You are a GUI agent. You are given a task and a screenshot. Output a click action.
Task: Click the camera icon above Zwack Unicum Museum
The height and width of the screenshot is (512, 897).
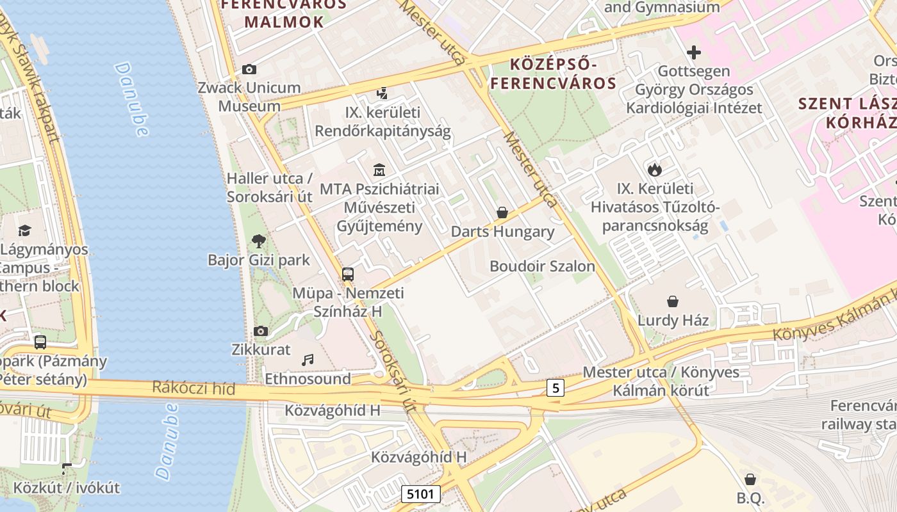point(249,69)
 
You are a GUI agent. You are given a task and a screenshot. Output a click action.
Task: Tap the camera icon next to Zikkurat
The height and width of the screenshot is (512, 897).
point(260,331)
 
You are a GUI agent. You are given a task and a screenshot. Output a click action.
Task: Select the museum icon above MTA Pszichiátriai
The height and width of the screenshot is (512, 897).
point(379,170)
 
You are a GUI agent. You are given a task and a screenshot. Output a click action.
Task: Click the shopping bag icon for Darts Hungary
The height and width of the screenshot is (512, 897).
point(502,212)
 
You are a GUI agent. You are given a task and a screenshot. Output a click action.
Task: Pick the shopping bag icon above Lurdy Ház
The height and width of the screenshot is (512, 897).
point(673,301)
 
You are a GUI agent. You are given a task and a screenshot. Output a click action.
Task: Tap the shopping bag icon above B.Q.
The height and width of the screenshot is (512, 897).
point(750,479)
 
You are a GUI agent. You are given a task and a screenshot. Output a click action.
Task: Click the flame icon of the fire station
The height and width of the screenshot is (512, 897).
point(654,170)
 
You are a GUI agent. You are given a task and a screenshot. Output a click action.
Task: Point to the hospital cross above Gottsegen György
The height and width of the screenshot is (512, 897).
point(693,52)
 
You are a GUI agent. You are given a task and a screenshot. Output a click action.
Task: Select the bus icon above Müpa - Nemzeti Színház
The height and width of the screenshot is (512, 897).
point(348,275)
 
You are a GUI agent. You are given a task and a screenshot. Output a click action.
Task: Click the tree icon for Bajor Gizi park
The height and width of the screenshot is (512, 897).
point(259,241)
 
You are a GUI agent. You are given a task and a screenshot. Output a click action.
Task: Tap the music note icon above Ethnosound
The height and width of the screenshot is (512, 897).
point(308,360)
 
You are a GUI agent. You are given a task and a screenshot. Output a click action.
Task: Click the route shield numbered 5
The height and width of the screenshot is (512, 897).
point(555,387)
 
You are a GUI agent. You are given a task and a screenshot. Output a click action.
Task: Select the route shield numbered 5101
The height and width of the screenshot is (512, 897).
point(422,493)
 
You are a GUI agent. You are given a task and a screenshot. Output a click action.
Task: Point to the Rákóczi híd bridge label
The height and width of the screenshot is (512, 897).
point(193,388)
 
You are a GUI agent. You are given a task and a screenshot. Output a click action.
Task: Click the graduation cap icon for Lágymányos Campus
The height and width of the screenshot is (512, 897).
point(25,230)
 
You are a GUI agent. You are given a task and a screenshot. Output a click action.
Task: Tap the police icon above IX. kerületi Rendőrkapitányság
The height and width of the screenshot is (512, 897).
point(383,93)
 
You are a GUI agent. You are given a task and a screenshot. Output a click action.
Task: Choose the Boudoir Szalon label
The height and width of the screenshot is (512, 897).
point(542,266)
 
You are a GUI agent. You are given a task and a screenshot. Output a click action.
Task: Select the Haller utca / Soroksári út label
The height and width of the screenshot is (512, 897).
point(270,188)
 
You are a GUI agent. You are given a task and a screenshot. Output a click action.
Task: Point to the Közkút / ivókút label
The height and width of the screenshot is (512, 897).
point(67,488)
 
